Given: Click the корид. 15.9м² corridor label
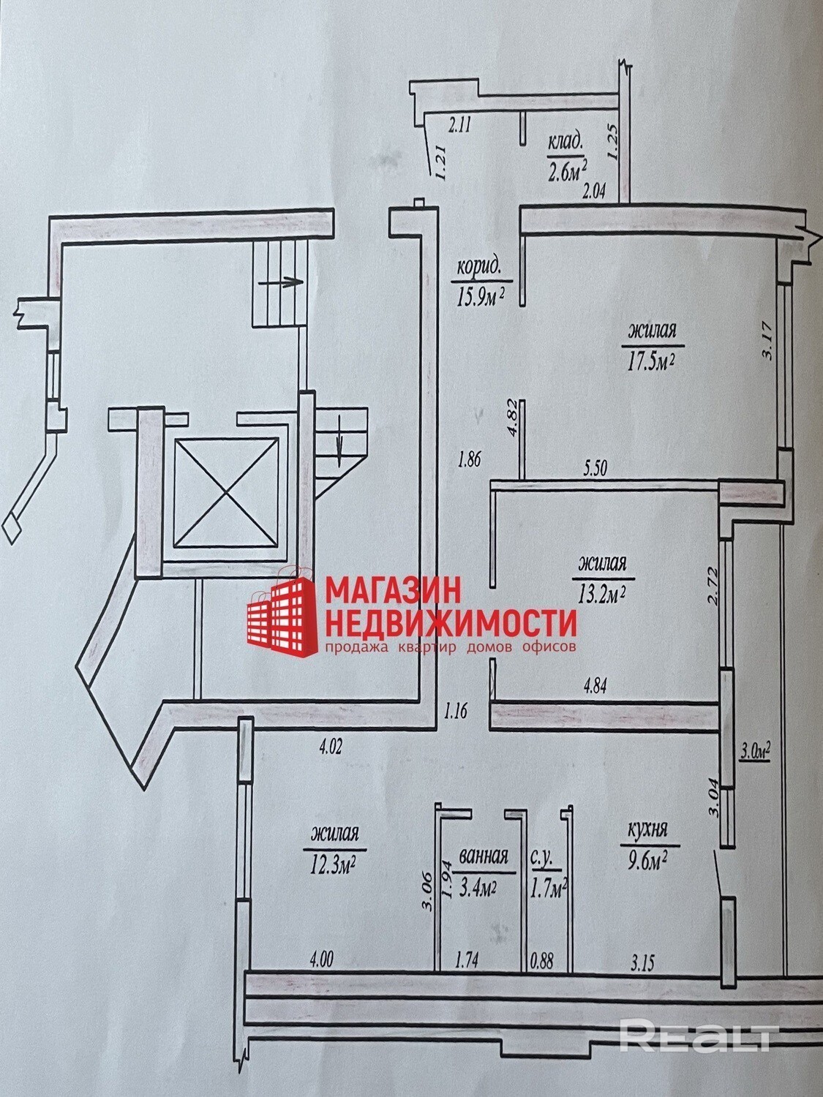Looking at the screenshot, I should (x=481, y=281).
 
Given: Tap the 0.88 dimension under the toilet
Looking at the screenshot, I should (x=543, y=957).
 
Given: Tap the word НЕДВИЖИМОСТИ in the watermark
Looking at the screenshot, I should (x=451, y=622).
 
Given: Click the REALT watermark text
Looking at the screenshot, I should (x=696, y=1037).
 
